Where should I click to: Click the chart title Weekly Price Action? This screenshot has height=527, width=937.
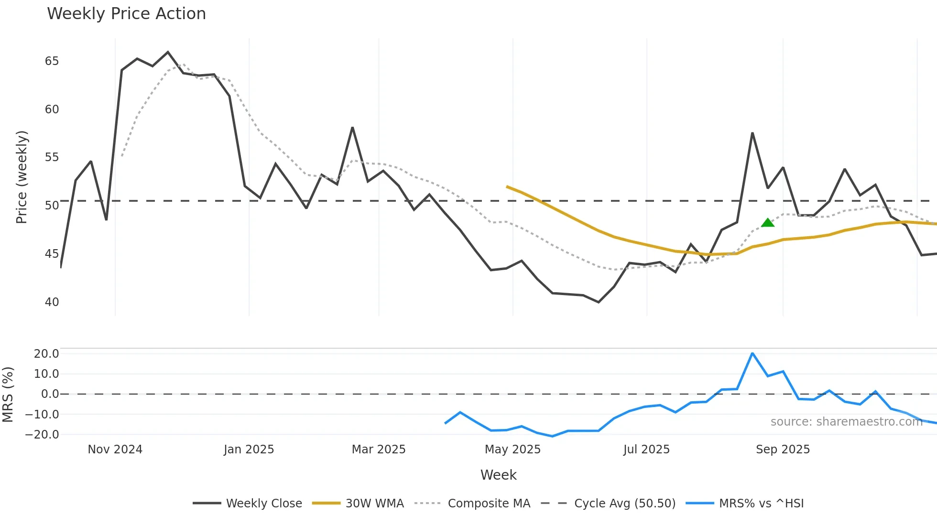(x=126, y=14)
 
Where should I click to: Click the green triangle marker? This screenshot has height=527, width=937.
(x=767, y=223)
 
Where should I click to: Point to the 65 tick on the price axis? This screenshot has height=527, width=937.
(x=52, y=61)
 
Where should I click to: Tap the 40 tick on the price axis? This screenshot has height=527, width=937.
(x=52, y=302)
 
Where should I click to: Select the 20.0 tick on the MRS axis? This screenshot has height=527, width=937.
(x=46, y=354)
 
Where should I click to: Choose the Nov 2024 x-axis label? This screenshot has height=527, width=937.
(x=115, y=450)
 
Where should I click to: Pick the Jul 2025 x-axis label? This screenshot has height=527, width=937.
(x=646, y=450)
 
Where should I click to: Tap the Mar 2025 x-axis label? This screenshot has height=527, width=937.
(x=379, y=450)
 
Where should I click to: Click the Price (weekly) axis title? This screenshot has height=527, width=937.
(x=22, y=177)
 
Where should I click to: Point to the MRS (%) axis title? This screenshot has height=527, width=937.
(x=8, y=395)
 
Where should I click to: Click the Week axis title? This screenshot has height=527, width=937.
(x=498, y=475)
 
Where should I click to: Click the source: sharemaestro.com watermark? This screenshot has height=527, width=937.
(x=846, y=422)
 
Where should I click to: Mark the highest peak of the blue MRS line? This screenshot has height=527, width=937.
(x=752, y=353)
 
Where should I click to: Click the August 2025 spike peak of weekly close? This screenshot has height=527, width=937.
(x=752, y=133)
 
